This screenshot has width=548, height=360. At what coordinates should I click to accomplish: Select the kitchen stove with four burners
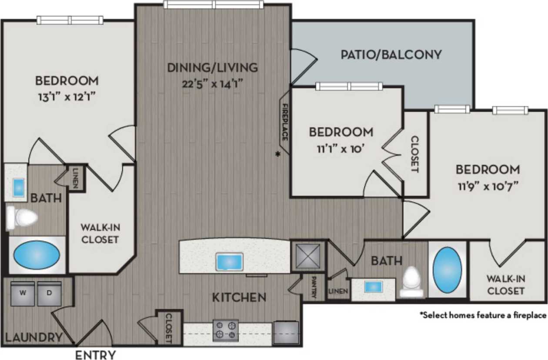click(x=225, y=330)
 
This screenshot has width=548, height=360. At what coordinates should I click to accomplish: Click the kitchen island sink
click(x=230, y=262)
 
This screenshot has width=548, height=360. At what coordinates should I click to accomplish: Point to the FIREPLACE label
click(x=285, y=123)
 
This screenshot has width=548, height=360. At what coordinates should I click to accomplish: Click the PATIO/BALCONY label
click(x=391, y=54)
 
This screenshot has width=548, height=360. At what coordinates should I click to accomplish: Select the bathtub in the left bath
click(x=37, y=257)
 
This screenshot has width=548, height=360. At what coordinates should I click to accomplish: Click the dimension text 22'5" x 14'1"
click(x=213, y=83)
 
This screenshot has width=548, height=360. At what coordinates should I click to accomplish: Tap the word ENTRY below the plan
click(x=96, y=354)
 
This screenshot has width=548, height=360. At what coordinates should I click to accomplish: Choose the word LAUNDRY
click(x=33, y=337)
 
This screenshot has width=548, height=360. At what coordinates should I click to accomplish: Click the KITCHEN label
click(x=239, y=298)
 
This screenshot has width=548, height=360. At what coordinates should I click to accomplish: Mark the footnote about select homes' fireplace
click(x=482, y=315)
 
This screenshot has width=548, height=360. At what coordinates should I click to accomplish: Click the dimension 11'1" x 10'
click(x=341, y=148)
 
